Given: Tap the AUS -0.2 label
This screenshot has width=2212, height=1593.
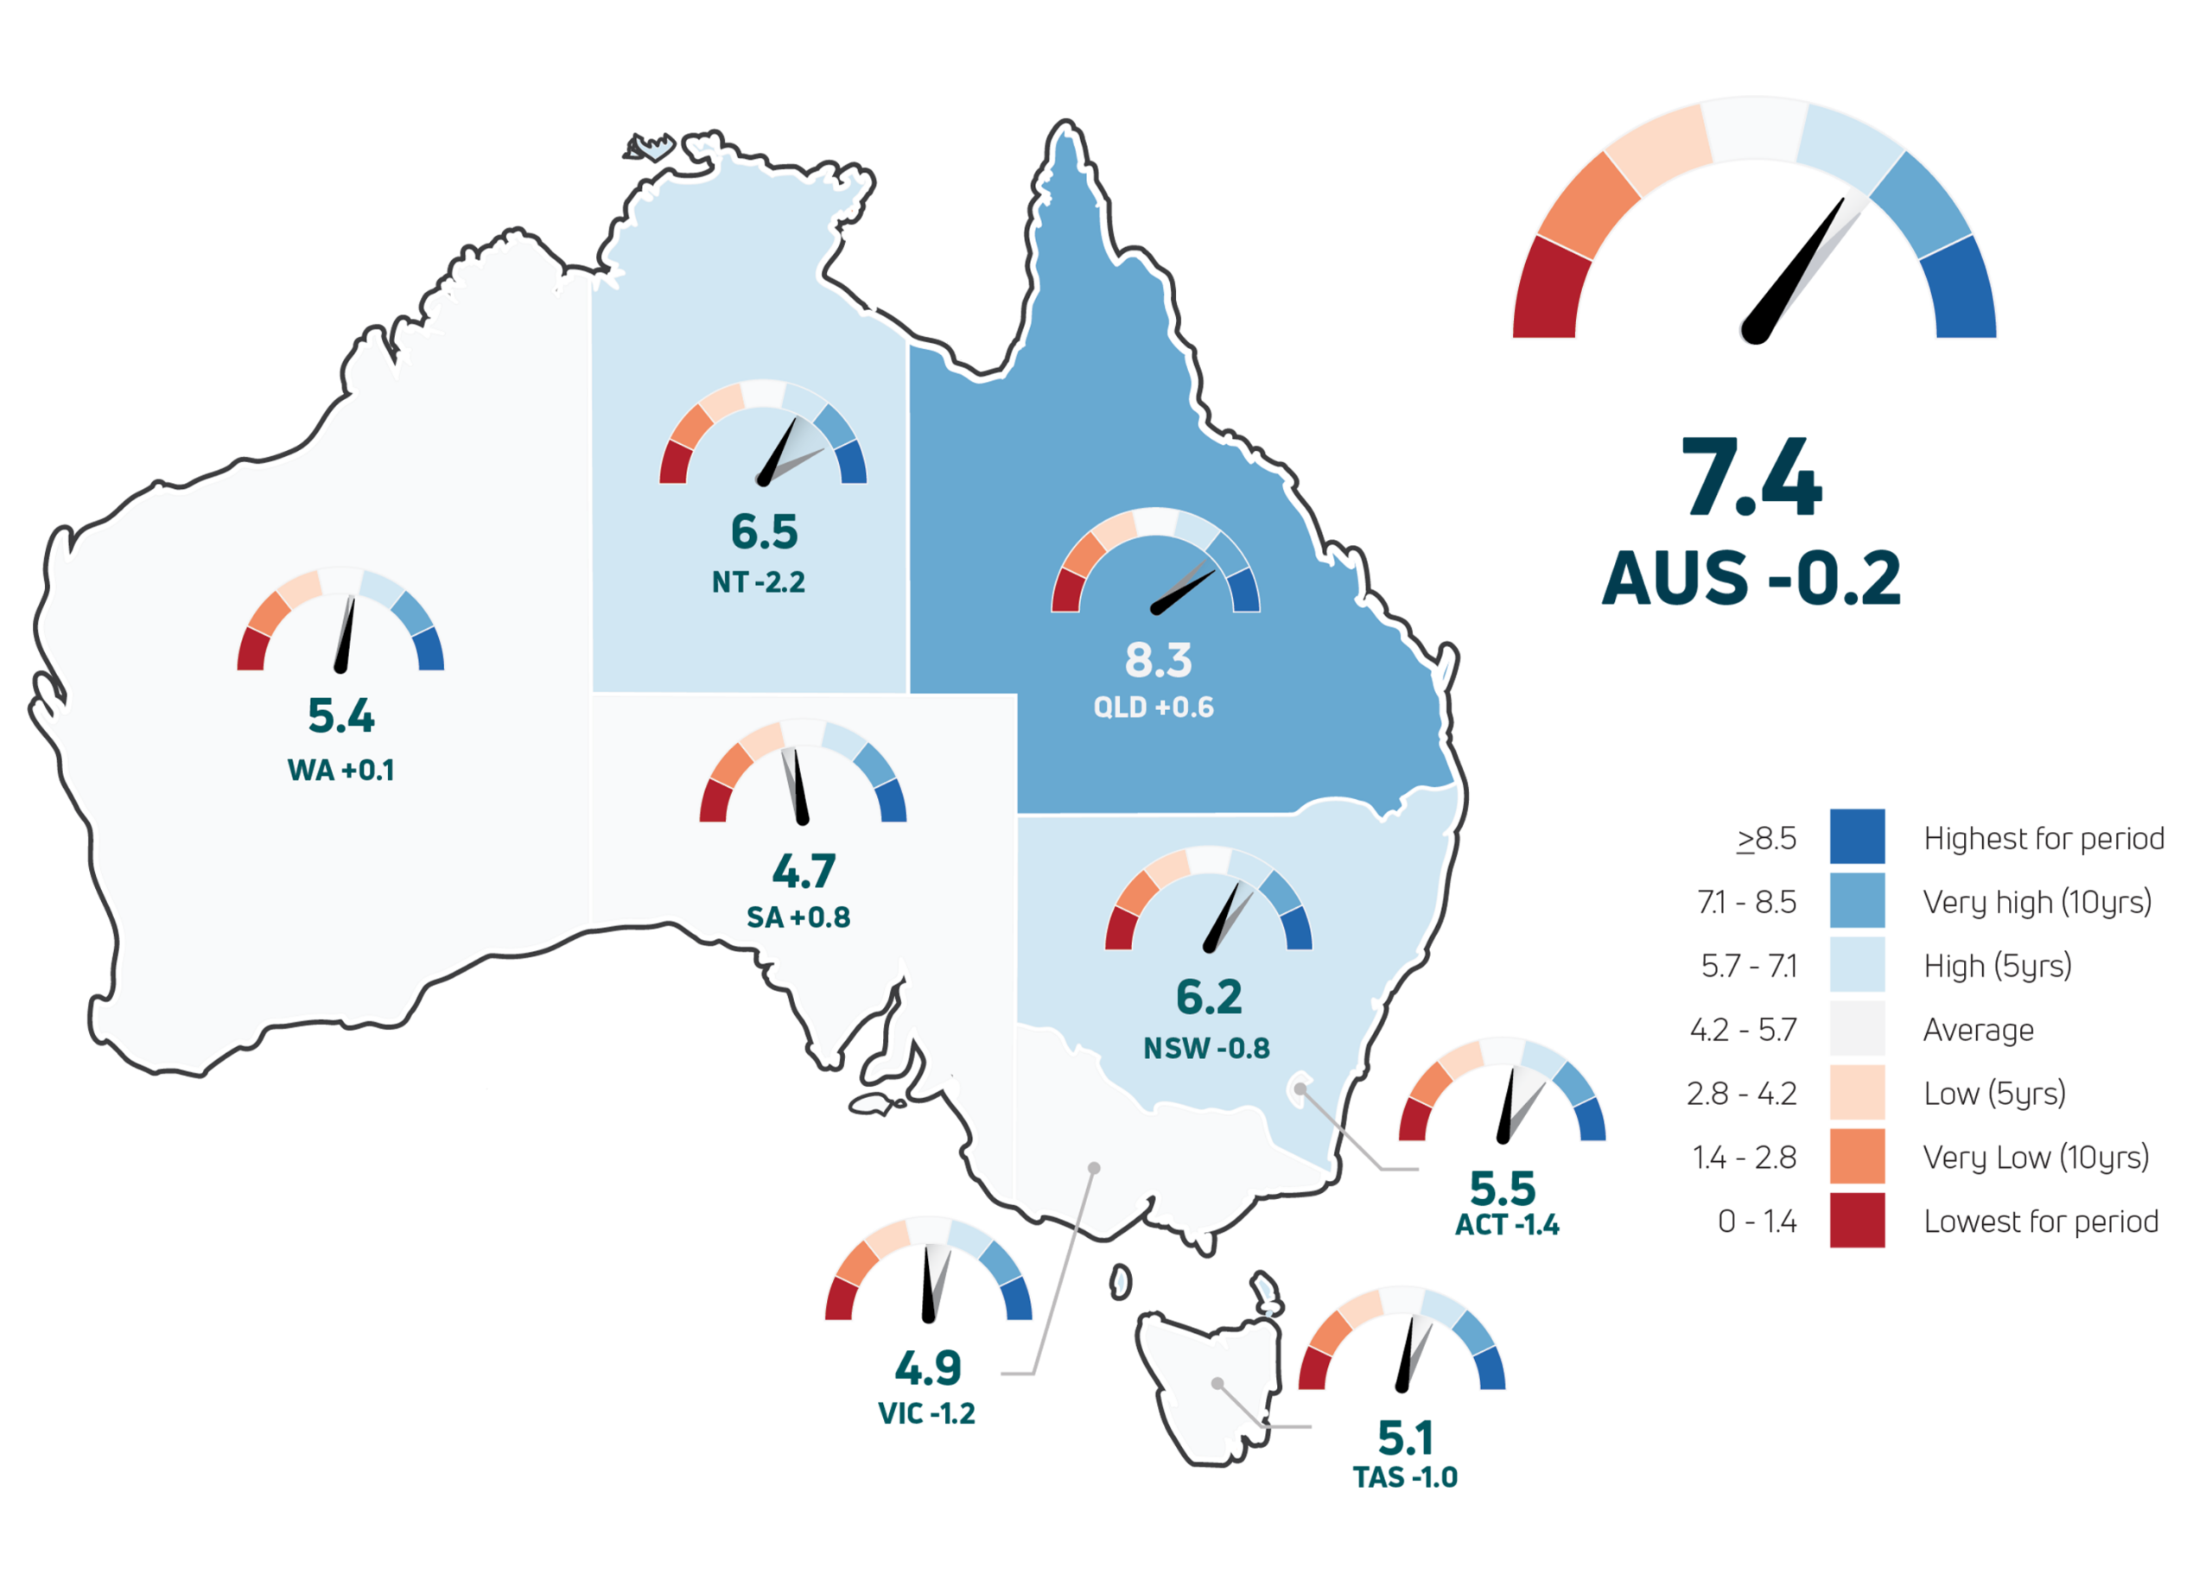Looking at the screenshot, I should tap(1751, 578).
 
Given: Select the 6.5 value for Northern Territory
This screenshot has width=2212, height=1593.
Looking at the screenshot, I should tap(765, 532).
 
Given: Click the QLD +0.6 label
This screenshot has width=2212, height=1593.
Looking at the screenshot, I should tap(1154, 707).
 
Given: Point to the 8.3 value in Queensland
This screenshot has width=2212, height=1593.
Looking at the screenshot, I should tap(1159, 660).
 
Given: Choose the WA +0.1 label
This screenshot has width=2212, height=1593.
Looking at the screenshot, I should tap(341, 771).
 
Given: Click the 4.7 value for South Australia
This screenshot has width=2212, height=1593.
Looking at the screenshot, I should tap(804, 872).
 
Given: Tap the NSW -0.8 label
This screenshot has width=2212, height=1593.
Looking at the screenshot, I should tap(1206, 1048).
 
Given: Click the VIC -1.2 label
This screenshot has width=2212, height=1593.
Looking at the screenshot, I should tap(926, 1413).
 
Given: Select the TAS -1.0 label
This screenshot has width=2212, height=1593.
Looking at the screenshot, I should tap(1406, 1477).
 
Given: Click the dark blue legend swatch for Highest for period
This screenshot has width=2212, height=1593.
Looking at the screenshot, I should tap(1856, 836).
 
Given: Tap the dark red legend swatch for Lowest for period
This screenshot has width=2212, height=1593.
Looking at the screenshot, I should tap(1856, 1220).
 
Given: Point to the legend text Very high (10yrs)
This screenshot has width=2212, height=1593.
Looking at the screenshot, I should tap(2037, 902).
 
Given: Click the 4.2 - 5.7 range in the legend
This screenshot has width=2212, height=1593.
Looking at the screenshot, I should tap(1744, 1030).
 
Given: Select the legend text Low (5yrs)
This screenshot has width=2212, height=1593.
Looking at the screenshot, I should tap(1993, 1093).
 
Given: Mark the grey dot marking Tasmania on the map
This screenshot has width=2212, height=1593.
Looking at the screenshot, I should tap(1218, 1383).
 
